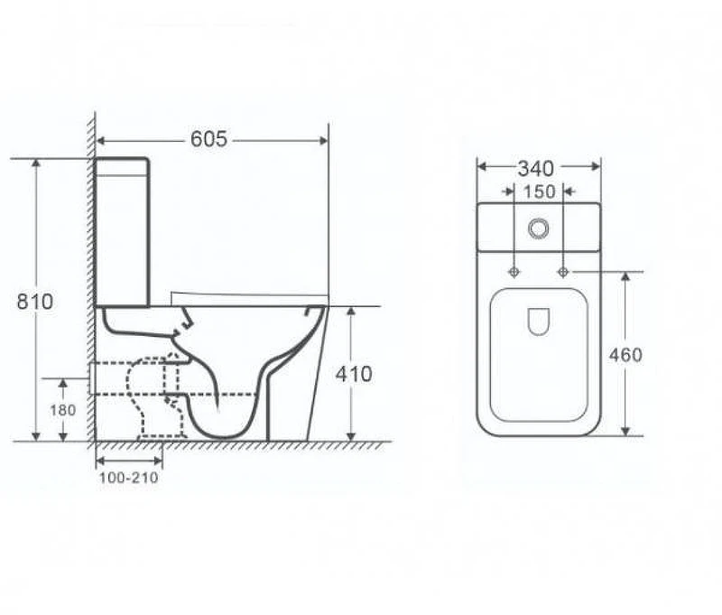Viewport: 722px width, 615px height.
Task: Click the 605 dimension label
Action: pos(208,139)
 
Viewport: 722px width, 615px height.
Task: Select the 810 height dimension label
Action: pos(35,302)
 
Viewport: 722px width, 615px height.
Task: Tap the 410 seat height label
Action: pos(354,374)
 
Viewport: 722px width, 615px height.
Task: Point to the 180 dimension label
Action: pos(62,410)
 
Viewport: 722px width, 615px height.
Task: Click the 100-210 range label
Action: pos(128,478)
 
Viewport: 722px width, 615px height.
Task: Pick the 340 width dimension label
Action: pos(535,169)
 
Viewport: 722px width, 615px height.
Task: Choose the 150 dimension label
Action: pos(539,191)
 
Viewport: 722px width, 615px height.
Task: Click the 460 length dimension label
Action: pos(625,355)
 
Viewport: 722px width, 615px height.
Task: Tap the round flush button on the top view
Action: pos(538,228)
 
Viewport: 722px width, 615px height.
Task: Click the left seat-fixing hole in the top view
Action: pos(514,272)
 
